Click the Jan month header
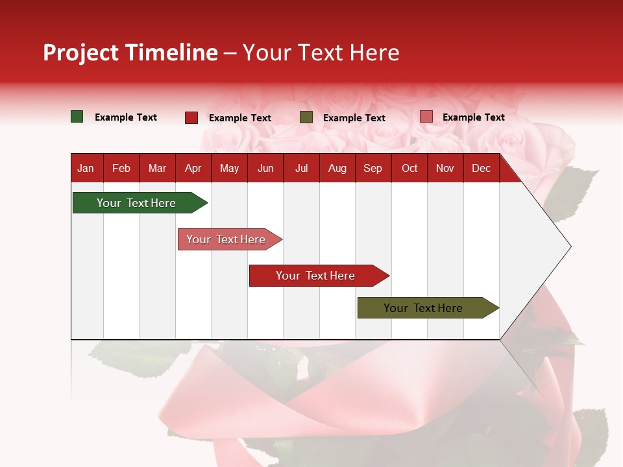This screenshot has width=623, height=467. (86, 168)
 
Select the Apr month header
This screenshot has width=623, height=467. (193, 168)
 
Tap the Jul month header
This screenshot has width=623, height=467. (301, 168)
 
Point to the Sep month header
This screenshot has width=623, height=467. (373, 168)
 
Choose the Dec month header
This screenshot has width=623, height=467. (481, 168)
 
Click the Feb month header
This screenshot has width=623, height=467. (121, 168)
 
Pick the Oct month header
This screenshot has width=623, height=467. (409, 168)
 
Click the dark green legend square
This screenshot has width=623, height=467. (77, 117)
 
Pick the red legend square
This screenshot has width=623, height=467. (191, 117)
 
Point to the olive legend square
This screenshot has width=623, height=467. (306, 117)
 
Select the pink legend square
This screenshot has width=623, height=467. (426, 117)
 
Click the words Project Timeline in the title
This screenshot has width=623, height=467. (130, 53)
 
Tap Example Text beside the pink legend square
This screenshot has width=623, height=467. (473, 117)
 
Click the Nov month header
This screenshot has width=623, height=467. (445, 168)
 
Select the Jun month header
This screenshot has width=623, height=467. (265, 168)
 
